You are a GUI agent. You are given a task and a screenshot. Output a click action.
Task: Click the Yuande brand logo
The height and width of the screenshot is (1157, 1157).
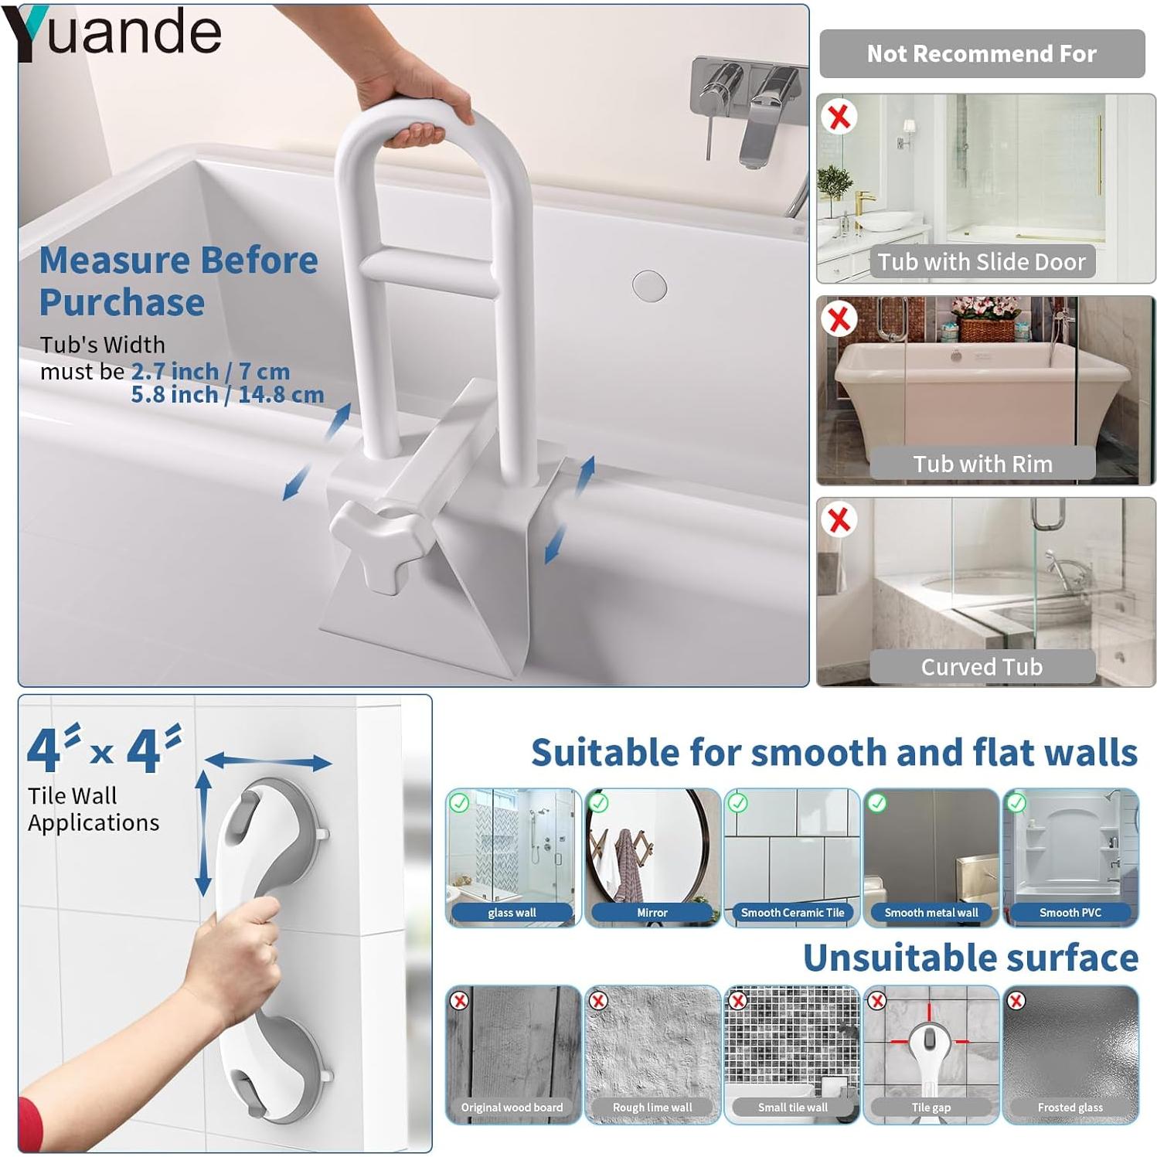click(112, 32)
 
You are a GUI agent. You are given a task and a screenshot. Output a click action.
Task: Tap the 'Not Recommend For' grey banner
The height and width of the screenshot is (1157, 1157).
click(982, 53)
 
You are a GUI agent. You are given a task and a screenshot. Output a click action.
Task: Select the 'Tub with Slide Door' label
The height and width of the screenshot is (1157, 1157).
click(982, 262)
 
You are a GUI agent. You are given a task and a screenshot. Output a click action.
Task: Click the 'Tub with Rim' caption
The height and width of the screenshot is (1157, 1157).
click(982, 464)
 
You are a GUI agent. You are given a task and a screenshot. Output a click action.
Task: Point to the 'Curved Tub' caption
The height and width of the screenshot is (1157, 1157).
click(982, 666)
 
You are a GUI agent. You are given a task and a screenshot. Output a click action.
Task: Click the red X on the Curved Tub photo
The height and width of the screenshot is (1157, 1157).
click(839, 520)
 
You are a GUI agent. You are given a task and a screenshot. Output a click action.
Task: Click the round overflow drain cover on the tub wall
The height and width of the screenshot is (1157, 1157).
click(649, 286)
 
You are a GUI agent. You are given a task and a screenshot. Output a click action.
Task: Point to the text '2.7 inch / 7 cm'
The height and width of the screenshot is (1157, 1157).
click(210, 372)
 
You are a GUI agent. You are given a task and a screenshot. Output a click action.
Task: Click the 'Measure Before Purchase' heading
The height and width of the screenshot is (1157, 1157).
click(178, 281)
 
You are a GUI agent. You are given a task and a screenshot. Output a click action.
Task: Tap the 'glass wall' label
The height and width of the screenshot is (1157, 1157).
click(512, 913)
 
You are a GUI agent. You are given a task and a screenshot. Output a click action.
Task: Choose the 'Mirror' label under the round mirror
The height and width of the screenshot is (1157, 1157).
click(652, 913)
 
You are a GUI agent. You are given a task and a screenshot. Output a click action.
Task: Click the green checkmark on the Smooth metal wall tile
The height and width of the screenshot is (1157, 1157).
click(877, 803)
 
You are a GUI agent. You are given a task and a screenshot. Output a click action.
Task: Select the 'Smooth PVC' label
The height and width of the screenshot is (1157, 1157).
click(1070, 913)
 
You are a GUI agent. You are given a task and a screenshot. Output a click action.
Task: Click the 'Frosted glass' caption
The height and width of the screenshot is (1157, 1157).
click(1070, 1108)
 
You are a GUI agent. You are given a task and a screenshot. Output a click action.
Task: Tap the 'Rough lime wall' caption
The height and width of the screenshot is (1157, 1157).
click(652, 1108)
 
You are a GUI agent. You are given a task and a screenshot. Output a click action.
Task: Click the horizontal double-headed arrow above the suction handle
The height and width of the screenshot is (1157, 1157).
click(267, 761)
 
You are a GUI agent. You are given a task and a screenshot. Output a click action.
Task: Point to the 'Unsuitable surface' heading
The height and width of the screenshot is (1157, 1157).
click(971, 958)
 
